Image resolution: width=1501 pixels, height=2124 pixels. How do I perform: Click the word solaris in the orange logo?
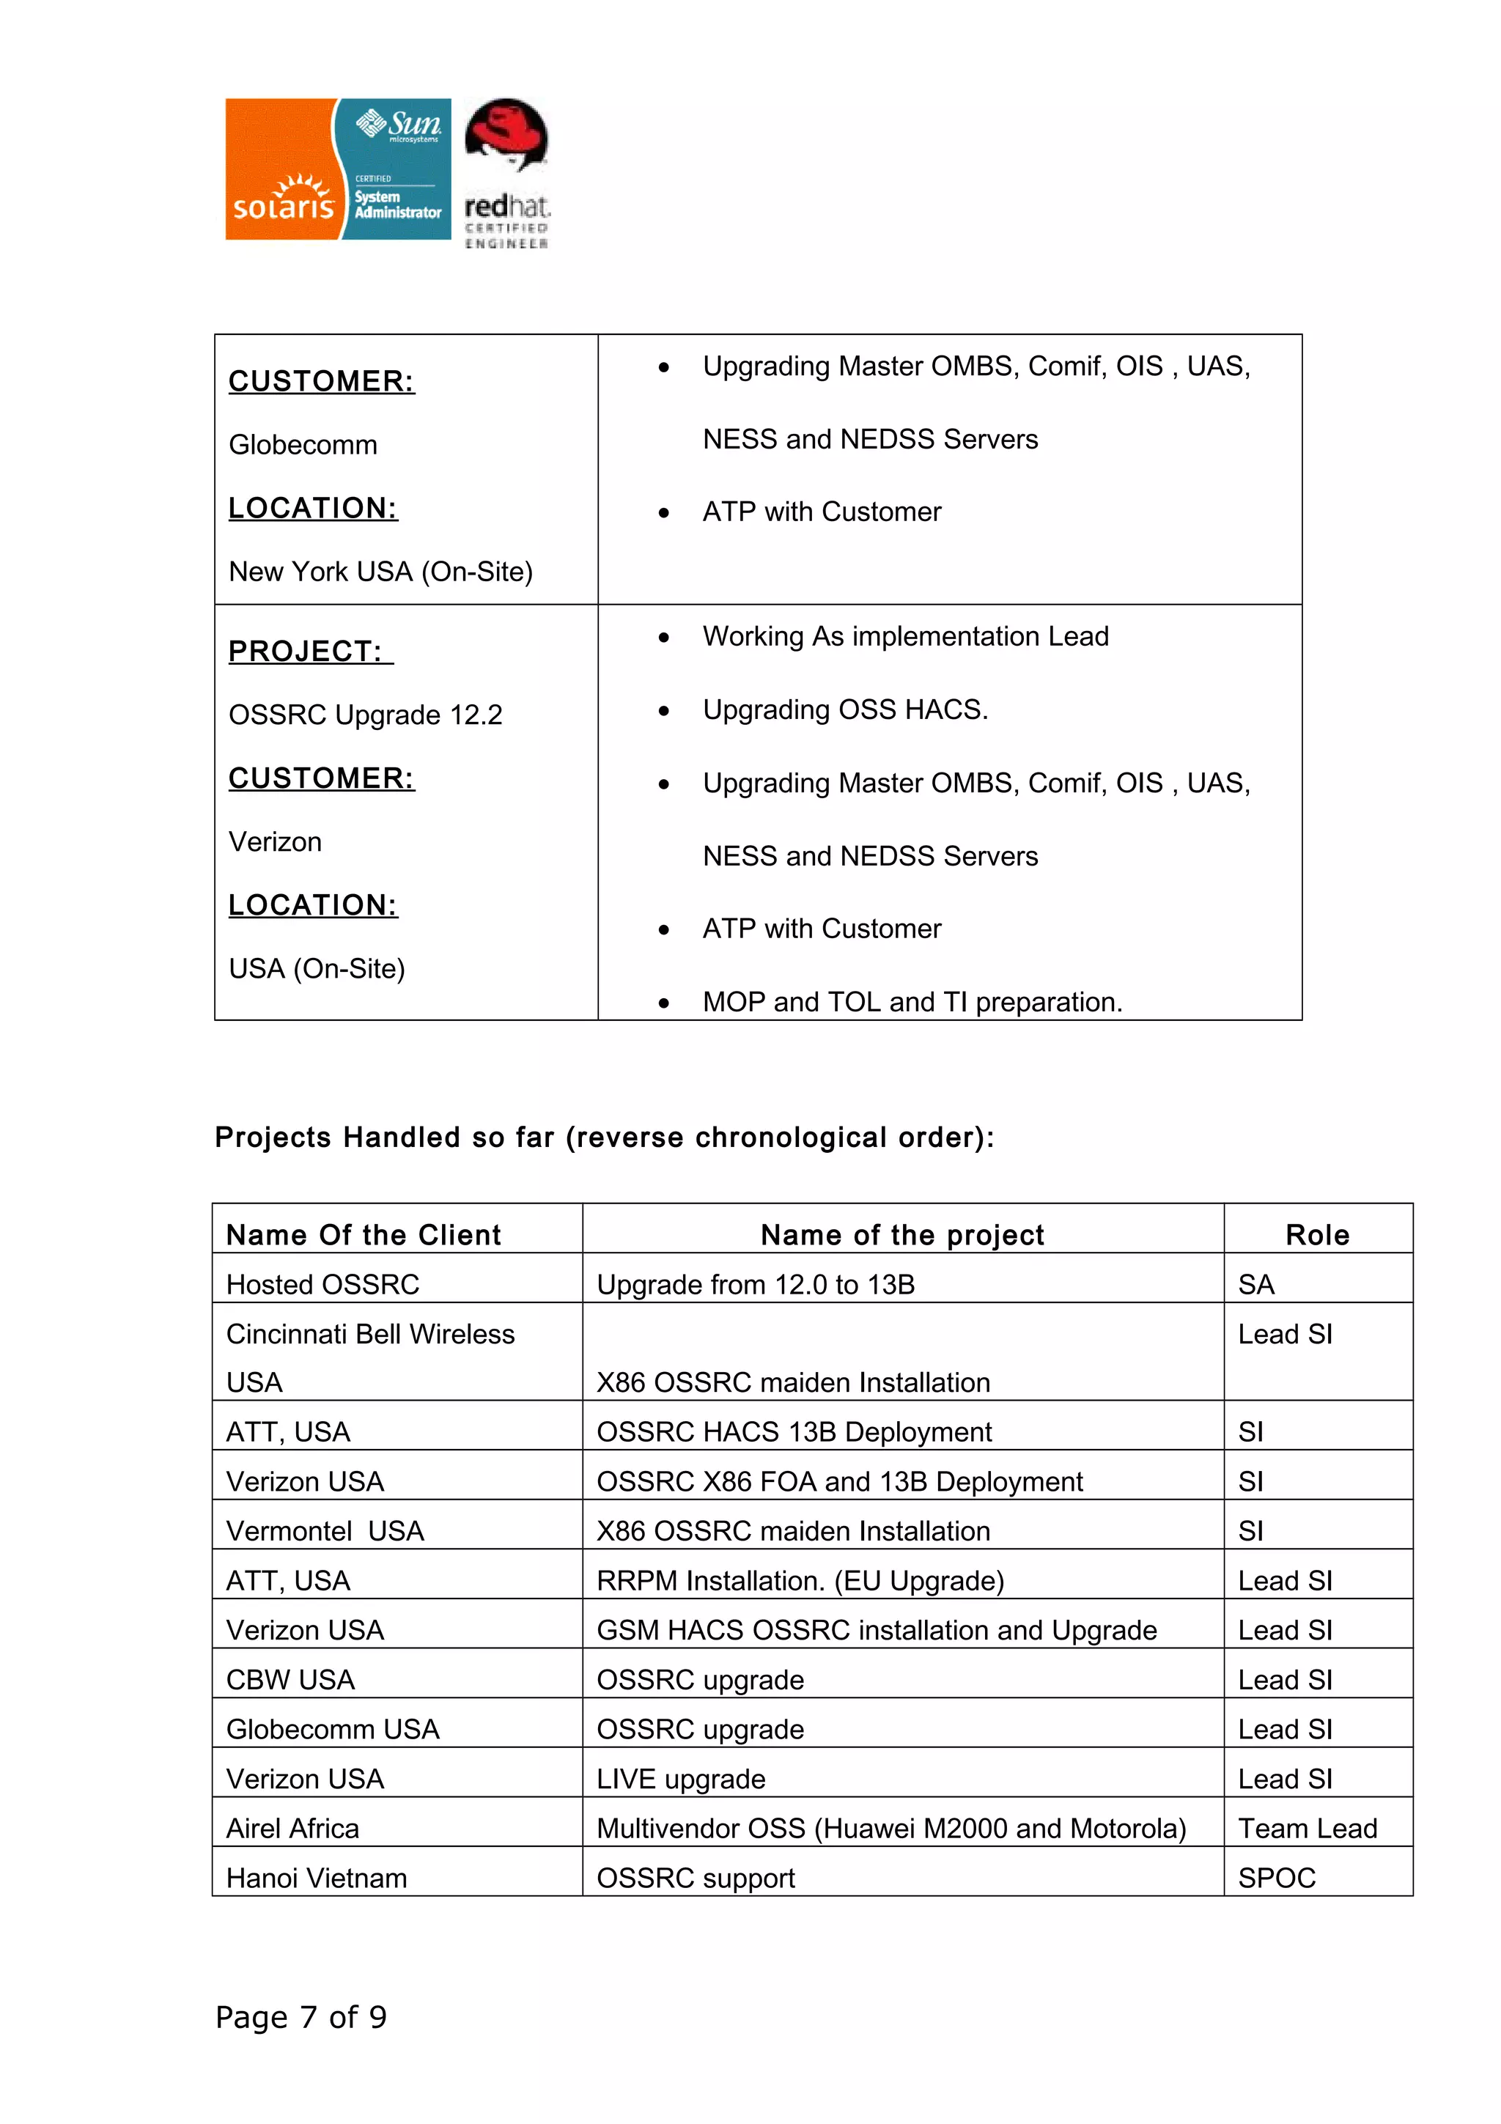coord(282,205)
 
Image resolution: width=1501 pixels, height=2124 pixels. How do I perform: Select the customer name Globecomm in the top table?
coord(303,445)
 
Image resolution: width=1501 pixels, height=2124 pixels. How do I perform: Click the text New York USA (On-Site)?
coord(380,572)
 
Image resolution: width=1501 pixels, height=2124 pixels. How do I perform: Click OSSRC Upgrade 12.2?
coord(365,715)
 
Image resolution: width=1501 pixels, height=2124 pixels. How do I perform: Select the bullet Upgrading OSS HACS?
coord(844,709)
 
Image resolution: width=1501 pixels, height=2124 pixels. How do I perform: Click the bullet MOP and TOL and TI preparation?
coord(912,1002)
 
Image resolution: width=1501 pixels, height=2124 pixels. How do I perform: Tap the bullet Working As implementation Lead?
coord(904,636)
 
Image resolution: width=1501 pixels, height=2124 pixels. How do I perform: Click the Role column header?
coord(1317,1235)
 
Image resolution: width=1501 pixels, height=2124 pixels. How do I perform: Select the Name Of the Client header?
coord(364,1235)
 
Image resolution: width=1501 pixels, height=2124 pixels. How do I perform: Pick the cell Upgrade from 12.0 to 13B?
coord(756,1285)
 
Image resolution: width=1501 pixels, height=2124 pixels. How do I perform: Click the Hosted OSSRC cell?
coord(322,1285)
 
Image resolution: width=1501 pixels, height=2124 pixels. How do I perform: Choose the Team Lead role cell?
coord(1307,1829)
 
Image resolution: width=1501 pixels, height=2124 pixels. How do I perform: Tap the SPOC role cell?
coord(1276,1878)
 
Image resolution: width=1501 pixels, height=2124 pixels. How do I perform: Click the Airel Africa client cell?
coord(292,1829)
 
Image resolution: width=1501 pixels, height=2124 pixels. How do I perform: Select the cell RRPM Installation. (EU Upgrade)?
coord(800,1581)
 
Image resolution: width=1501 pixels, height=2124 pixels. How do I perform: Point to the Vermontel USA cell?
coord(325,1531)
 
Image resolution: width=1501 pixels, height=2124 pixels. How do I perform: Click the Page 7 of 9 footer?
coord(300,2017)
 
